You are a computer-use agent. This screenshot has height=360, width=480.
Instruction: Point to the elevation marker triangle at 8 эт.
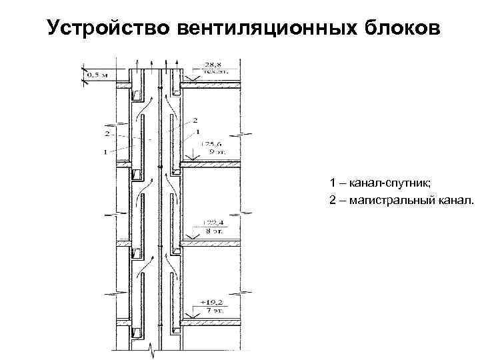point(193,238)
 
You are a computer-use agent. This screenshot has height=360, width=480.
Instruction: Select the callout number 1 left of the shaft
point(104,152)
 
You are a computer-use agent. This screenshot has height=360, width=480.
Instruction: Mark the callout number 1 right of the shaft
point(197,133)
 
